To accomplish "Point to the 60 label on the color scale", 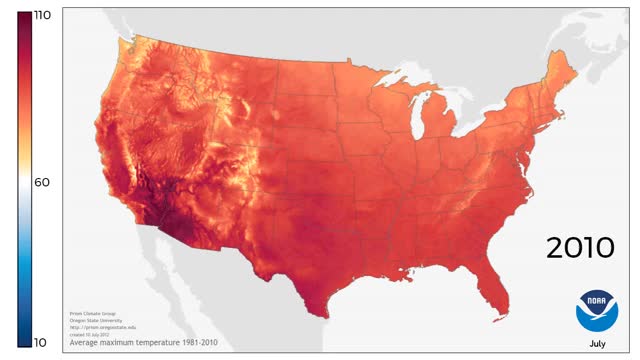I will tap(42, 182).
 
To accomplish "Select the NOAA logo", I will tap(597, 311).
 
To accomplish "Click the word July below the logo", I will tap(597, 344).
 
